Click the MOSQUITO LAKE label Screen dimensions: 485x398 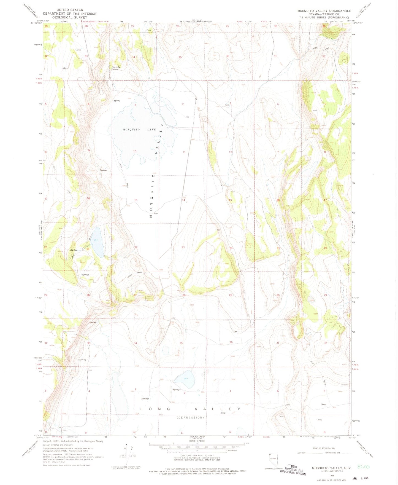pos(139,130)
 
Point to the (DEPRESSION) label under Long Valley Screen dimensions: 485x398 pos(190,417)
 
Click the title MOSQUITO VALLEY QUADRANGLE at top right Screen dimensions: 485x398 pos(324,11)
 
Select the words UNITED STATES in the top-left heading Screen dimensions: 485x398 pos(69,10)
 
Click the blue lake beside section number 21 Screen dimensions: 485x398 pos(98,242)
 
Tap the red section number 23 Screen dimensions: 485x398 pos(183,247)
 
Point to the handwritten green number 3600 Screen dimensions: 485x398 pos(363,467)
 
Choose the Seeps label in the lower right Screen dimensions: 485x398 pos(323,404)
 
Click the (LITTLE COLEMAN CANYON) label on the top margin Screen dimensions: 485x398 pos(197,22)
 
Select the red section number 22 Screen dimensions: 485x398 pos(136,247)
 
